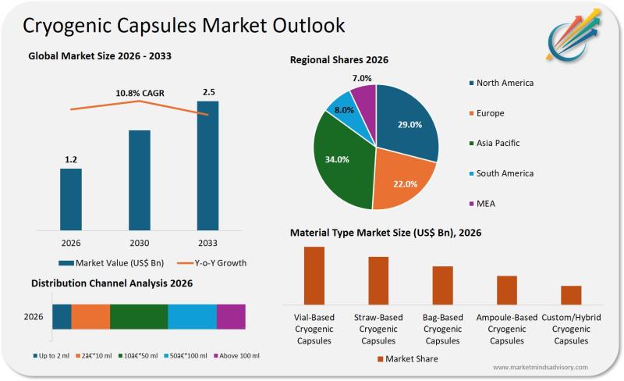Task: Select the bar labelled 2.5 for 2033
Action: pos(207,166)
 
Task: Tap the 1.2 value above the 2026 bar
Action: pos(71,160)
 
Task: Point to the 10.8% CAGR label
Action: pos(140,94)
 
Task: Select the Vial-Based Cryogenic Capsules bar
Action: pos(314,275)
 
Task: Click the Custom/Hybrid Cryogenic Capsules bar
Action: pos(571,295)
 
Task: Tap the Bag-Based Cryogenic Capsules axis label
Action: pos(442,329)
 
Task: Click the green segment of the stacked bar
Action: pos(139,316)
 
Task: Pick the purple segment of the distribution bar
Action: pos(231,316)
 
